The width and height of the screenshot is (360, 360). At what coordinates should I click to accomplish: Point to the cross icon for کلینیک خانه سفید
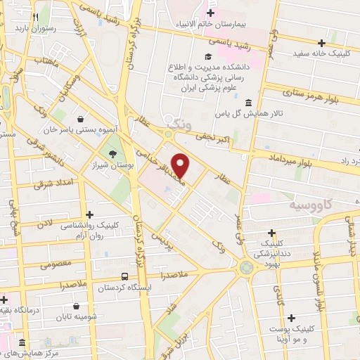point(321,43)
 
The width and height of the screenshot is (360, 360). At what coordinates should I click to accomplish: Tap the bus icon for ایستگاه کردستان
point(124,277)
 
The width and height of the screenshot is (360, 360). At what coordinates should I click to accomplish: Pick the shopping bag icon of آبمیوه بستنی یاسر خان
point(83,119)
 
